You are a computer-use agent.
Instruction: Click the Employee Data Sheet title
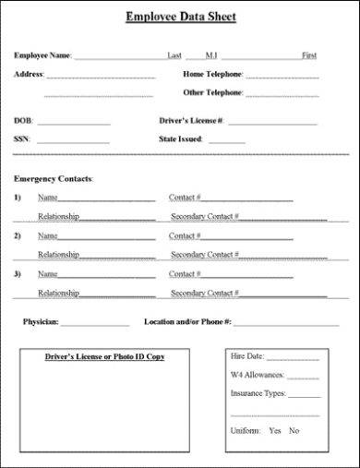[x=180, y=17]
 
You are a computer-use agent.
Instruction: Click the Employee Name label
[x=42, y=55]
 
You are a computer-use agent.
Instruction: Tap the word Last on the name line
[x=175, y=55]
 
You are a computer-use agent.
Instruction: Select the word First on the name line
[x=308, y=55]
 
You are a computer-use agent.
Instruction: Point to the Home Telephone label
[x=212, y=74]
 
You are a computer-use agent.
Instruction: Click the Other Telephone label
[x=212, y=93]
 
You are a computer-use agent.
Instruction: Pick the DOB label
[x=22, y=121]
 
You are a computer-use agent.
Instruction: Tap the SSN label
[x=22, y=139]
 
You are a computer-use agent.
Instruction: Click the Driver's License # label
[x=191, y=121]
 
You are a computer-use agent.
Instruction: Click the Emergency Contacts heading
[x=54, y=177]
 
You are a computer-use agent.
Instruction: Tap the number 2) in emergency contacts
[x=18, y=235]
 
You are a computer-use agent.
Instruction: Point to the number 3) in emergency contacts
[x=18, y=274]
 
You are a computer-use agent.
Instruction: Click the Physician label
[x=41, y=322]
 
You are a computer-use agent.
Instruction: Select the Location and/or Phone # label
[x=187, y=322]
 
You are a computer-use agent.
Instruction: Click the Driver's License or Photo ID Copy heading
[x=104, y=356]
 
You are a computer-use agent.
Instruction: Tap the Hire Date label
[x=246, y=356]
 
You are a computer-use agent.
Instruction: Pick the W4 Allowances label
[x=258, y=375]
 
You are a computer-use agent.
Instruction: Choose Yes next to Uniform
[x=274, y=431]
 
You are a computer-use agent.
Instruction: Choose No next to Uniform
[x=294, y=431]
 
